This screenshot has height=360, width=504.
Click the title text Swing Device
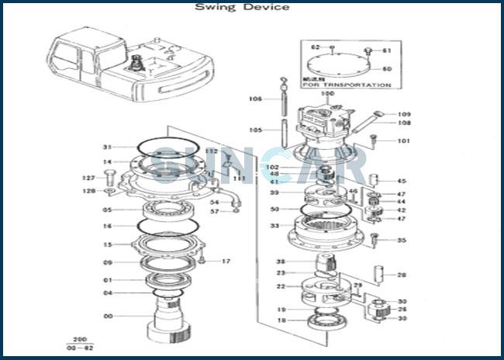click(242, 8)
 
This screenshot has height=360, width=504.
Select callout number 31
click(108, 147)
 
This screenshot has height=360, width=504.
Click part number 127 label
click(89, 178)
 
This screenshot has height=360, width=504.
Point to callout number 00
click(108, 316)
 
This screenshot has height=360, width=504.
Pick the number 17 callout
click(226, 261)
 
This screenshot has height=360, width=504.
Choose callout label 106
click(255, 99)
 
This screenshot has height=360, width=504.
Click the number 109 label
click(404, 115)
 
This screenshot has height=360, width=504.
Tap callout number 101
click(403, 141)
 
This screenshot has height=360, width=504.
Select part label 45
click(401, 182)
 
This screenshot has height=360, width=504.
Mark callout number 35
click(401, 241)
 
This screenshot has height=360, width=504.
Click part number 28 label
click(401, 275)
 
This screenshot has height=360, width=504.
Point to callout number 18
click(281, 320)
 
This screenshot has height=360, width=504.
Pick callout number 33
click(274, 226)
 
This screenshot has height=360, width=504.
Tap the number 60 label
click(387, 69)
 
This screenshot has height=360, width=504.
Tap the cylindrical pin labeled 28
click(381, 274)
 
